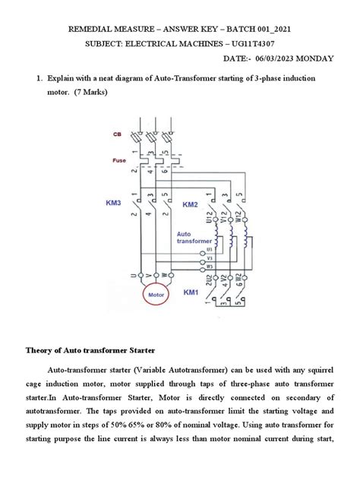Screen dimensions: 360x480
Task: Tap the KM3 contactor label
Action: point(114,204)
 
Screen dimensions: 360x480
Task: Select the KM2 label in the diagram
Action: point(190,205)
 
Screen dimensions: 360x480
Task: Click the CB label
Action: point(117,134)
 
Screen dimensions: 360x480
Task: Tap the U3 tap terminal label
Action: point(210,250)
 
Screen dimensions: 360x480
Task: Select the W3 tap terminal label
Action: point(210,266)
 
